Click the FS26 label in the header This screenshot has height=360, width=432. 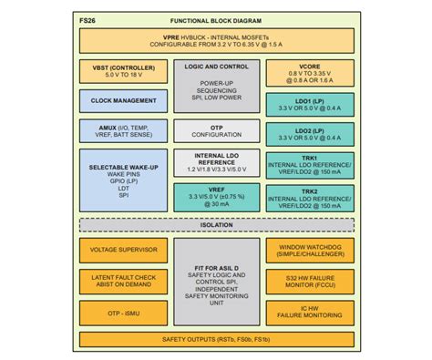(90, 19)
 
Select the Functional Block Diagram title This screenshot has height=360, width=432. (216, 19)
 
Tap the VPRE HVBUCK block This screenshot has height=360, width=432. (216, 41)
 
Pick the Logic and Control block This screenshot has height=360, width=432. (216, 85)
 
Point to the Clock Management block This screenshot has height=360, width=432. (123, 100)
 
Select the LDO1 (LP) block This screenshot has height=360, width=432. (307, 103)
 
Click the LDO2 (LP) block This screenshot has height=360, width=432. (307, 133)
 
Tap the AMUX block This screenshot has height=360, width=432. (123, 128)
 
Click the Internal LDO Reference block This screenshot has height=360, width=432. (216, 162)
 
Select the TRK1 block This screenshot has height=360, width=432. (307, 165)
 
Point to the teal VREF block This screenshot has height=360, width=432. (216, 196)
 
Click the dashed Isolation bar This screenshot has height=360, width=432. (216, 224)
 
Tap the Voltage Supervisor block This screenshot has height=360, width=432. (123, 249)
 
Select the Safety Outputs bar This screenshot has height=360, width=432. (216, 339)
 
